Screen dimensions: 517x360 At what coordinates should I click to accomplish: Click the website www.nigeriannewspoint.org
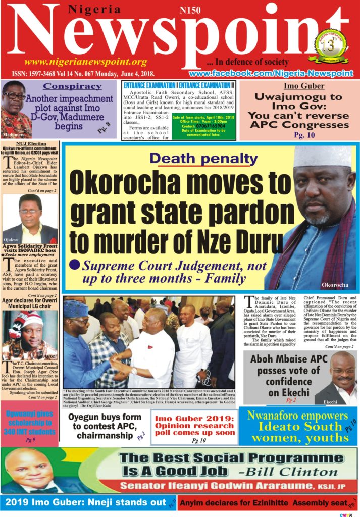(x=86, y=62)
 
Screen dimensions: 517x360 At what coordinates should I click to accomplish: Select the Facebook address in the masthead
(x=271, y=73)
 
